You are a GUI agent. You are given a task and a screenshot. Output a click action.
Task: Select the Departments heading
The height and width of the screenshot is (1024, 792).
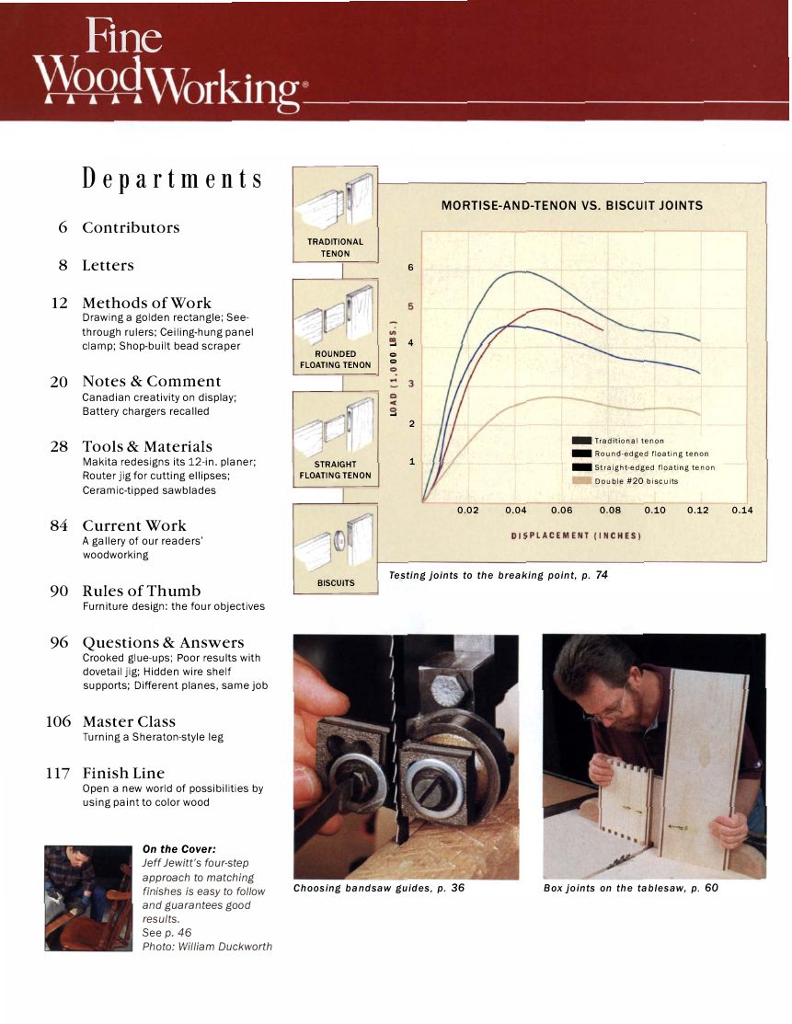click(x=172, y=178)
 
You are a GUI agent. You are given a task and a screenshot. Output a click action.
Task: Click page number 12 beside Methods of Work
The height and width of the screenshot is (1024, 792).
click(x=61, y=303)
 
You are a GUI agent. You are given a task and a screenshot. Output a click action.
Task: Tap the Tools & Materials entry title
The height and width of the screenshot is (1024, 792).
click(x=147, y=446)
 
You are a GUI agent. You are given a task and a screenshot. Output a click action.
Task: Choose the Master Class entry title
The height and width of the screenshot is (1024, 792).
click(x=129, y=721)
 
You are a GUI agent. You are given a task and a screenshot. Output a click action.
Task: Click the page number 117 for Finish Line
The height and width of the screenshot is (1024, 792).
click(x=57, y=773)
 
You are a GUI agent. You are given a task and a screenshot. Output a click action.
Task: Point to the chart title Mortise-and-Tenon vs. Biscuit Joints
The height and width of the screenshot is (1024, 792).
click(x=571, y=205)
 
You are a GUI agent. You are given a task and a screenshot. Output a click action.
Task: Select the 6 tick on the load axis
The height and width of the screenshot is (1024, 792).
click(x=410, y=269)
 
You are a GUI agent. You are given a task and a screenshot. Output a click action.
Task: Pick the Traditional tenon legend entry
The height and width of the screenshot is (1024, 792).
click(x=629, y=442)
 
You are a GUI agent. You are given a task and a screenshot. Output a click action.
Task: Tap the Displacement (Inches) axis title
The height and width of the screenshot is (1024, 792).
click(x=575, y=535)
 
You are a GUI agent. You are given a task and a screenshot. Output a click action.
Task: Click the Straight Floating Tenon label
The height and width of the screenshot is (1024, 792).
click(x=335, y=470)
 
